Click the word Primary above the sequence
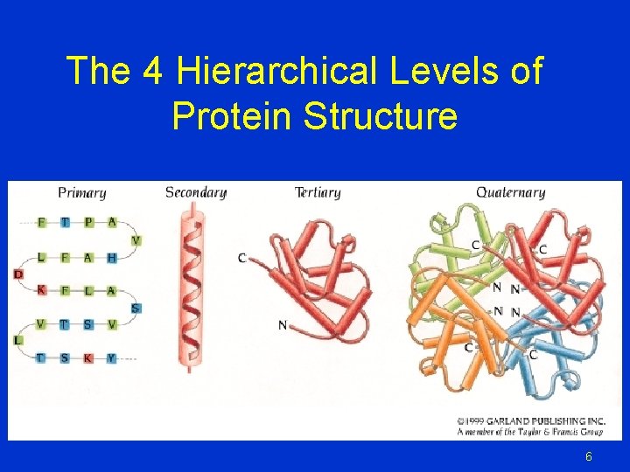pos(82,193)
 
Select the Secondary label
pos(196,193)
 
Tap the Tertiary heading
pos(318,192)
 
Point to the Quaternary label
pos(510,192)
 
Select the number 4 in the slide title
pos(151,71)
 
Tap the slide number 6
pos(589,456)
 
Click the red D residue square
pos(18,274)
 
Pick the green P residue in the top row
pos(88,222)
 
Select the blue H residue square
pos(111,257)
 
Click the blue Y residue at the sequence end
pos(111,357)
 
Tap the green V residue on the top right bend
pos(136,240)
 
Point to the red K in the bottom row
pos(88,357)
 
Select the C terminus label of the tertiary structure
pos(241,257)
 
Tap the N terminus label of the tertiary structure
pos(282,325)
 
